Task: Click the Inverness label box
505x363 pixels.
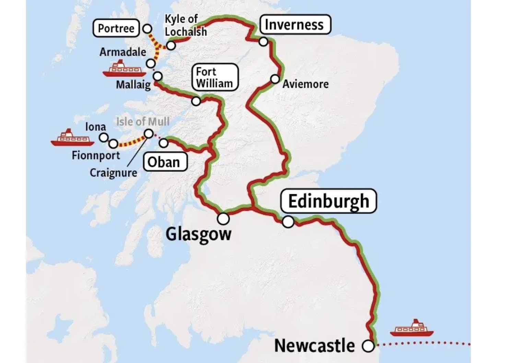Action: click(x=295, y=25)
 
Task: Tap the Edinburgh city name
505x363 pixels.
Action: click(x=328, y=201)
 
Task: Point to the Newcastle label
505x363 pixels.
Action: click(x=314, y=345)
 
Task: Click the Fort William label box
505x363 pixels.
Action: click(x=214, y=78)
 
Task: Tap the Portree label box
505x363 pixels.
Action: click(x=116, y=28)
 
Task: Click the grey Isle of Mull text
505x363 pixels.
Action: click(x=143, y=121)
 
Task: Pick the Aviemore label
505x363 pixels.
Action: click(x=305, y=84)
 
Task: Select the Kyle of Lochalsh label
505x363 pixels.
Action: click(x=186, y=25)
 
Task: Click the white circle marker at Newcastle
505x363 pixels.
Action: click(x=368, y=346)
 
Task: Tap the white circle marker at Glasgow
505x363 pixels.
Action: click(x=223, y=218)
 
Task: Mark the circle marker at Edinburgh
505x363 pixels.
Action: click(x=288, y=222)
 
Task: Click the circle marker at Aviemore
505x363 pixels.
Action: click(x=275, y=79)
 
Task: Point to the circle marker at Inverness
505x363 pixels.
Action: click(x=263, y=42)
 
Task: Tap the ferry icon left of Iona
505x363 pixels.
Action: click(x=72, y=138)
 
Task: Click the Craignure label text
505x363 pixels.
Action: click(x=113, y=173)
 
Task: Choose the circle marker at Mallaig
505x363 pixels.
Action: click(x=157, y=76)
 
